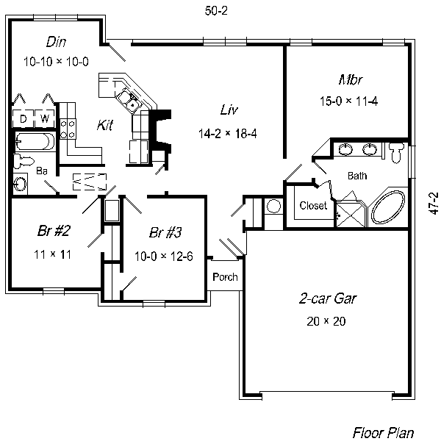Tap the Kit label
pyautogui.click(x=105, y=126)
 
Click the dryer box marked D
pyautogui.click(x=23, y=118)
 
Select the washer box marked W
pyautogui.click(x=45, y=118)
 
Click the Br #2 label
pyautogui.click(x=53, y=231)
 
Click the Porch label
pyautogui.click(x=224, y=277)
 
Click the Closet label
pyautogui.click(x=313, y=206)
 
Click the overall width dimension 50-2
pyautogui.click(x=215, y=10)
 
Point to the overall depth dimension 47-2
pyautogui.click(x=433, y=203)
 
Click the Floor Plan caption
pyautogui.click(x=383, y=432)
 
